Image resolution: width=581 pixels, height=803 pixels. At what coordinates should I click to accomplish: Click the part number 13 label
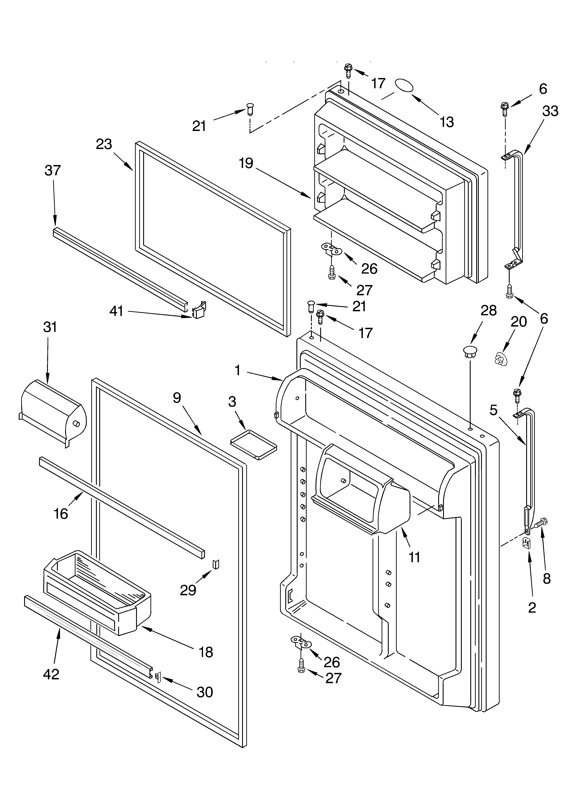point(447,122)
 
